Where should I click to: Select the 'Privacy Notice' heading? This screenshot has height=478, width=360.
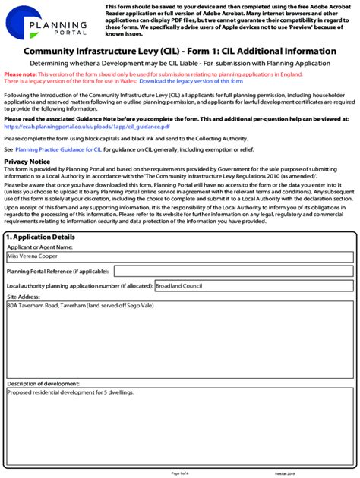coord(27,162)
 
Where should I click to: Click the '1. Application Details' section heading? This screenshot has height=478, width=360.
coord(42,237)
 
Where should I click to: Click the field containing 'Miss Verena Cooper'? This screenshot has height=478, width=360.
coord(179,257)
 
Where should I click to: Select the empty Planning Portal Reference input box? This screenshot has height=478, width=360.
coord(232,271)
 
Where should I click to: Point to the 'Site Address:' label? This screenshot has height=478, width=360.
coord(23,297)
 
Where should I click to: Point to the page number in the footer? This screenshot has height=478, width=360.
coord(180,473)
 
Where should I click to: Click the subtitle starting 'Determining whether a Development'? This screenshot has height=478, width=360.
coord(180,64)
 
